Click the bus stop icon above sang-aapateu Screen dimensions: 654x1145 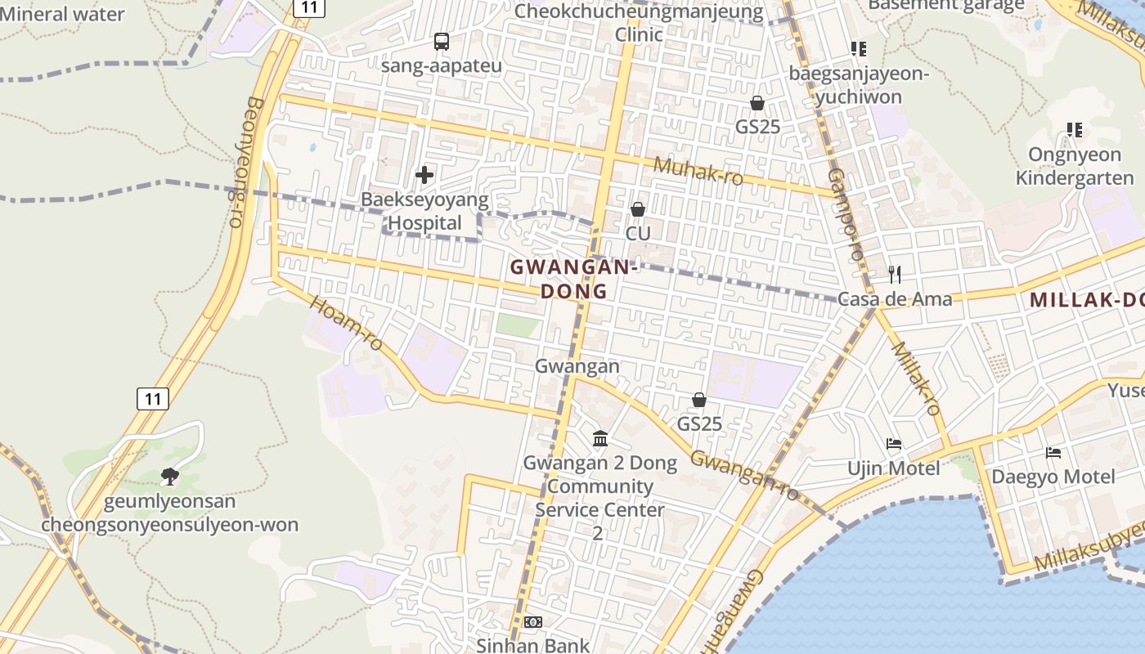click(442, 41)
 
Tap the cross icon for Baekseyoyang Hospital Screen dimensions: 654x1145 click(424, 174)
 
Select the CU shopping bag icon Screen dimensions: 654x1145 click(638, 209)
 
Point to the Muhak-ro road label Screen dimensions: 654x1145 click(698, 171)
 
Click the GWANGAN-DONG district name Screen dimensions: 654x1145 click(573, 279)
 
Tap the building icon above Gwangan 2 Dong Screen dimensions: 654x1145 click(600, 439)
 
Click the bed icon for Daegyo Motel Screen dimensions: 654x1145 click(1053, 452)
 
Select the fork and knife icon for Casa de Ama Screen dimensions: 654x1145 click(895, 274)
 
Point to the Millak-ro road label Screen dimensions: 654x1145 click(915, 377)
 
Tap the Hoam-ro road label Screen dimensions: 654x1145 click(346, 323)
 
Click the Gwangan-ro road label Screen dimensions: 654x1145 click(744, 474)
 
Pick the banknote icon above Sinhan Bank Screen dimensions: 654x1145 click(532, 622)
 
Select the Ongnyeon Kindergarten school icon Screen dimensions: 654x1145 click(1075, 130)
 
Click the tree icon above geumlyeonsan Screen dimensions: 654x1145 click(170, 476)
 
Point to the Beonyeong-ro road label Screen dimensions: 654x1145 click(243, 162)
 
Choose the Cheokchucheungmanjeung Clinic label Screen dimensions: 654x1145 click(639, 23)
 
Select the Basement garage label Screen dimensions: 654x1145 click(945, 5)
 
